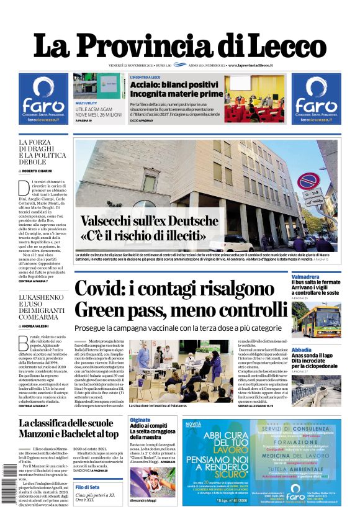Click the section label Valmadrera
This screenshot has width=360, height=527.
pyautogui.click(x=307, y=277)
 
